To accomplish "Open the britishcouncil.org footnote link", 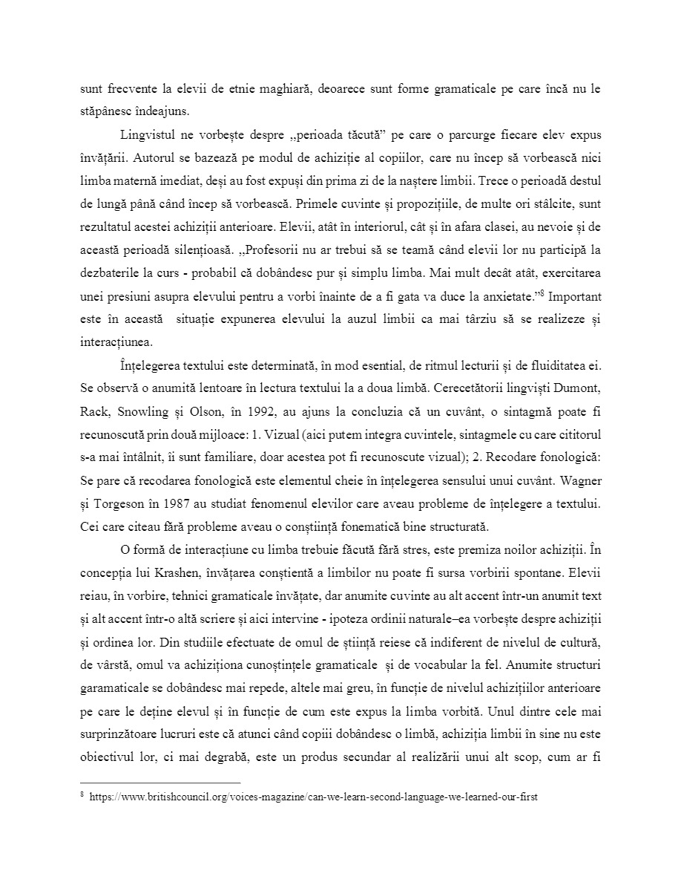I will click(312, 797).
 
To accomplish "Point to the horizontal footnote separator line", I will click(160, 783).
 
